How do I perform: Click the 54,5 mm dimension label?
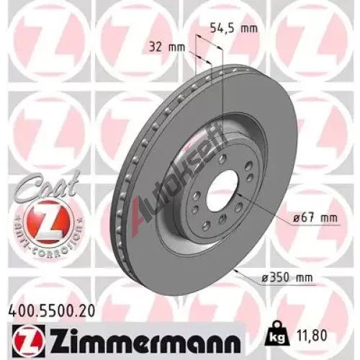coord(234,29)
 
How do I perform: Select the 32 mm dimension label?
coord(167,48)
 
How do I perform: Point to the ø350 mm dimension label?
coord(287,278)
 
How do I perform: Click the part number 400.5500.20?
coord(52,310)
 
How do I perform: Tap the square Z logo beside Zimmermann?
coord(27,338)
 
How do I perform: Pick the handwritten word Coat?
coord(48,185)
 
